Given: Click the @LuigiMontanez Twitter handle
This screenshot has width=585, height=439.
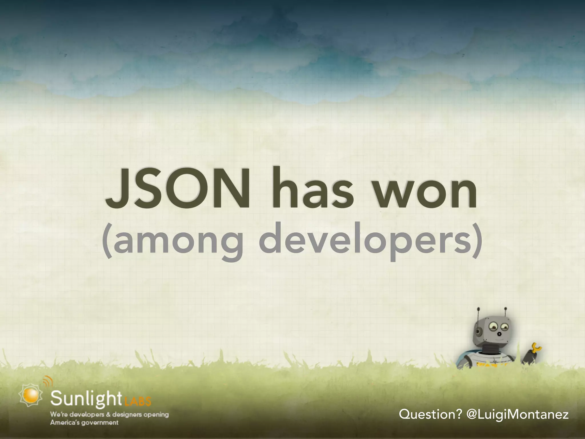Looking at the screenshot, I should click(x=517, y=414).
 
